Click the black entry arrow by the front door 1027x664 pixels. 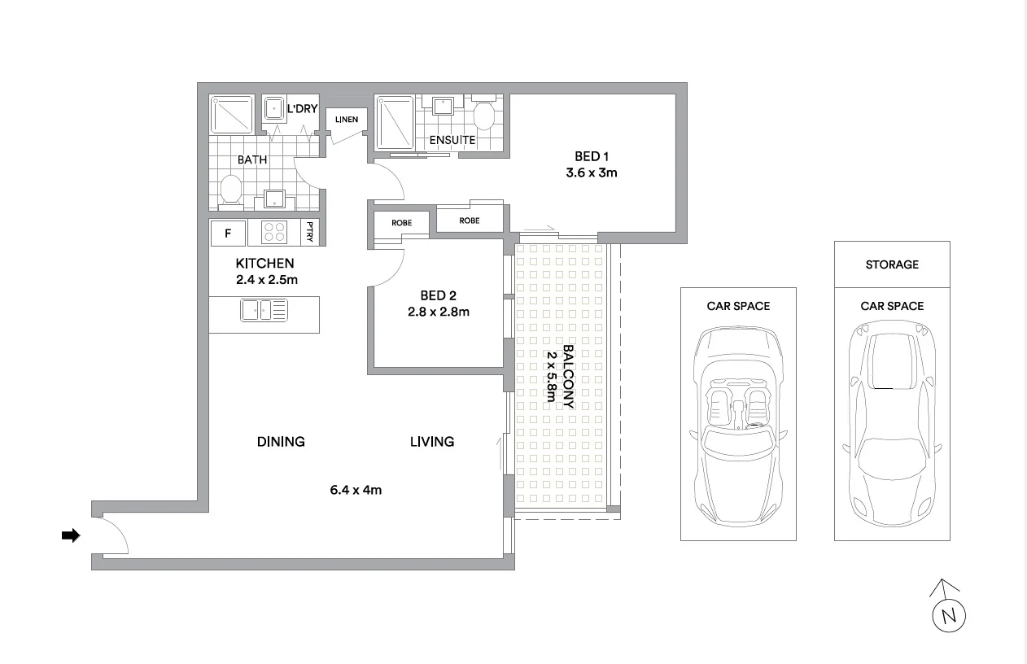coord(72,535)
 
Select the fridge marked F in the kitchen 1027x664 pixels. coord(229,234)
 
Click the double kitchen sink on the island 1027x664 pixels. coord(264,310)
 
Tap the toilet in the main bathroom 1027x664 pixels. coord(231,191)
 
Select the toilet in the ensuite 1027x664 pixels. coord(483,115)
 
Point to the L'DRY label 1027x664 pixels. coord(301,108)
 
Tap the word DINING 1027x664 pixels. coord(281,442)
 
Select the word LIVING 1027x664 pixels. coord(431,442)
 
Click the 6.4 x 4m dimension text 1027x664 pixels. coord(356,490)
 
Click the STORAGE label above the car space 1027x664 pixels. coord(892,264)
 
